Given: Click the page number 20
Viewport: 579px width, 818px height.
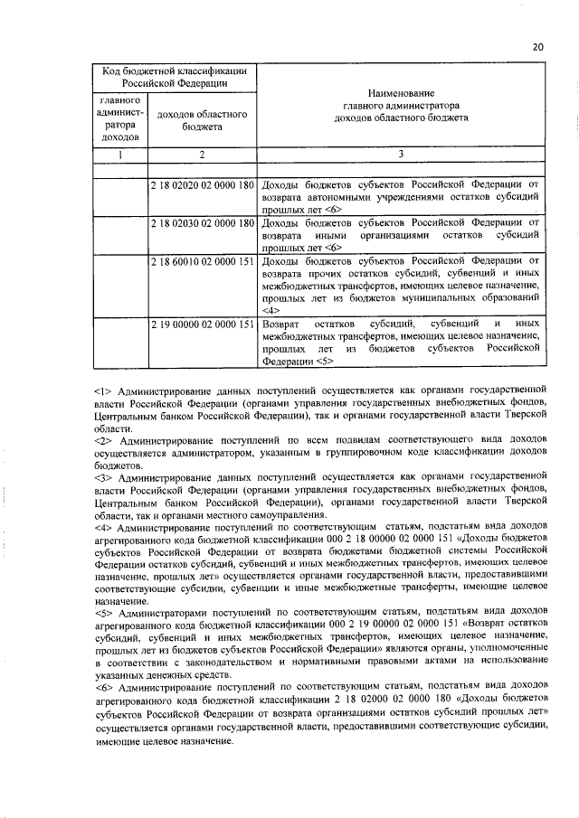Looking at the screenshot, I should point(537,47).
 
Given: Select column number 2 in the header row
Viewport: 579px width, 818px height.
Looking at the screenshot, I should point(203,155).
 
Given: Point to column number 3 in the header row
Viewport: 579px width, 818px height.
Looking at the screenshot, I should point(400,155).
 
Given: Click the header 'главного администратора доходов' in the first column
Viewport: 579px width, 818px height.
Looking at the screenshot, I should point(119,117).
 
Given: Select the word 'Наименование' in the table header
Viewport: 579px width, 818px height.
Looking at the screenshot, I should point(400,94).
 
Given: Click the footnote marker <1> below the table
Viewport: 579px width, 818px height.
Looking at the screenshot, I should point(101,390).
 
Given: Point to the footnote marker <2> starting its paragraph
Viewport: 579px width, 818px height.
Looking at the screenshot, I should point(101,439).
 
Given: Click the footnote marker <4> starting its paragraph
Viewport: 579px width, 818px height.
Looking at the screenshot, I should point(101,526).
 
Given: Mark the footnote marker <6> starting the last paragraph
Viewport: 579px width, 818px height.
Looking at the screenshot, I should point(101,688).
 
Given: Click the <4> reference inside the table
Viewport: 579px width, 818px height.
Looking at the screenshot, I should point(270,310).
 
